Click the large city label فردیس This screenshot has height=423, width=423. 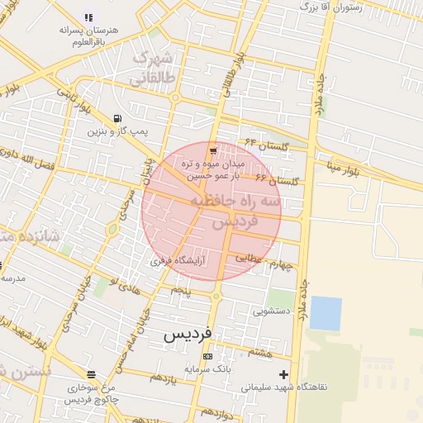[x=187, y=334]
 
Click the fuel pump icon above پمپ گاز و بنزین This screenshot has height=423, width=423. [x=117, y=118]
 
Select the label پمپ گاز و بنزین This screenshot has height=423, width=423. [x=118, y=131]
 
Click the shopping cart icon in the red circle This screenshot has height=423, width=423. [x=213, y=151]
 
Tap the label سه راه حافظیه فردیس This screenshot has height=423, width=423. [x=236, y=211]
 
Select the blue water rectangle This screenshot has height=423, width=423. [x=326, y=313]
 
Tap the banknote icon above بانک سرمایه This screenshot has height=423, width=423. [x=207, y=356]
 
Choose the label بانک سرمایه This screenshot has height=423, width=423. [x=207, y=368]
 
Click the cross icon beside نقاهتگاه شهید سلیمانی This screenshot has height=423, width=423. [x=284, y=374]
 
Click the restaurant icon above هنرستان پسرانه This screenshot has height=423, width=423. [x=88, y=17]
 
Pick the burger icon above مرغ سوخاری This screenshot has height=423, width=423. [x=91, y=374]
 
